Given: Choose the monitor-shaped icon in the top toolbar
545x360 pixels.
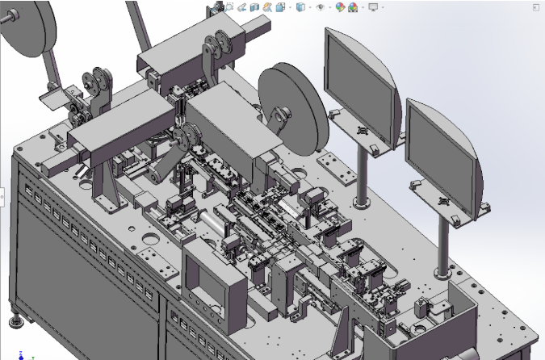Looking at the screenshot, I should [x=372, y=7].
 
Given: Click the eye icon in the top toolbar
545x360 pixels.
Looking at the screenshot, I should [x=321, y=7].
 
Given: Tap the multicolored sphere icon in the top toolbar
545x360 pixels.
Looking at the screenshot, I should [x=340, y=7].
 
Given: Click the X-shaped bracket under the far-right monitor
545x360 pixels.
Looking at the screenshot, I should [x=442, y=200].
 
